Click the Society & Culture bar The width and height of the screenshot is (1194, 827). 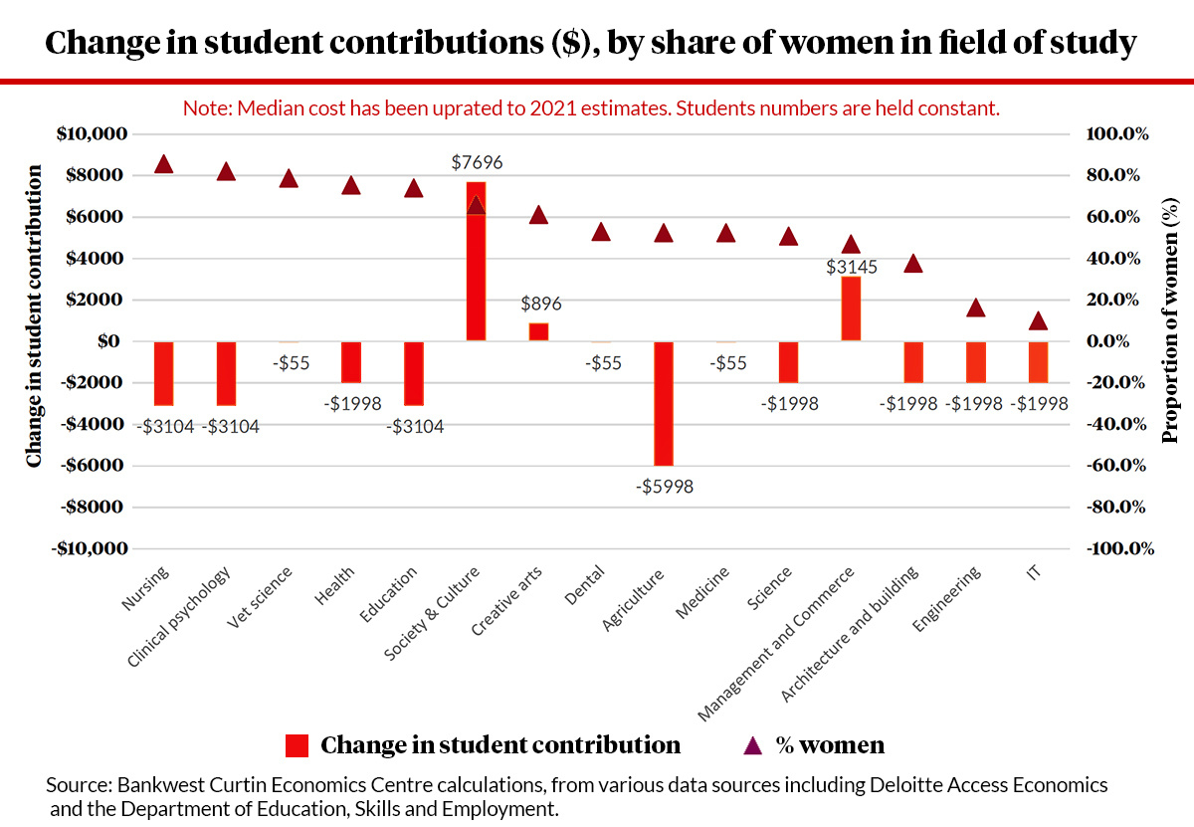(477, 261)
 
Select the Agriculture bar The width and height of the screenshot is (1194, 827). (664, 403)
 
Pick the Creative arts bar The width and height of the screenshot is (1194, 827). (538, 331)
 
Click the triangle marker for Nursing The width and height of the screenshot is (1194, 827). (164, 164)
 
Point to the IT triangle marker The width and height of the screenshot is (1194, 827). (1038, 320)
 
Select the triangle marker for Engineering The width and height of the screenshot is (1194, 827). (976, 308)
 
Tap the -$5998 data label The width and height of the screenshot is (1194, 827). (664, 487)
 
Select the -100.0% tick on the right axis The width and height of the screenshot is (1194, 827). (1118, 548)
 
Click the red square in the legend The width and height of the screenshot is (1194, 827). (298, 745)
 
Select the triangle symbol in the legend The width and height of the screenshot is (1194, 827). (753, 744)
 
